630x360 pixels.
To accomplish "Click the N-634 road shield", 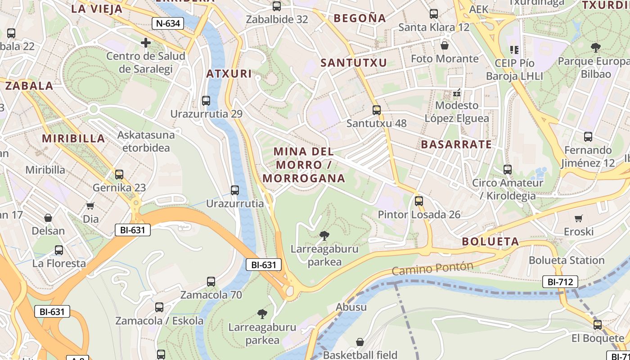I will click(168, 23).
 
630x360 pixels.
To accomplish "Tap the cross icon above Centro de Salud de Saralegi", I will click(146, 43).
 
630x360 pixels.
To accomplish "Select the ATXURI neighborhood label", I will click(229, 74).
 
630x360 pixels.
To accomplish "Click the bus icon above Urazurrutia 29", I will click(206, 101).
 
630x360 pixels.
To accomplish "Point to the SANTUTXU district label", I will click(354, 63).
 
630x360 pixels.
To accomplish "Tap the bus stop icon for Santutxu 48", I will click(377, 110).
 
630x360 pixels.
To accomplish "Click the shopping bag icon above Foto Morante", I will click(445, 45).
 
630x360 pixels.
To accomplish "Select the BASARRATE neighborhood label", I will click(456, 144).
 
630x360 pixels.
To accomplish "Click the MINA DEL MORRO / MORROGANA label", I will click(304, 165).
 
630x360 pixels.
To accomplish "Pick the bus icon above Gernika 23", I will click(119, 174).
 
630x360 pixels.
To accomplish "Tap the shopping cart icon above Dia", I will click(90, 206).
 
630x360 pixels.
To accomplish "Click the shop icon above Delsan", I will click(48, 218).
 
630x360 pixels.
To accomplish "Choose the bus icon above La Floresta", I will click(59, 250).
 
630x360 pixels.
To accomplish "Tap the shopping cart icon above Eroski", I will click(579, 218).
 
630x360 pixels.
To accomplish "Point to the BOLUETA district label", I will click(490, 242).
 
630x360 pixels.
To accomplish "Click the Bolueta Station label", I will click(567, 260).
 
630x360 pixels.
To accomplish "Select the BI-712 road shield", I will click(560, 282).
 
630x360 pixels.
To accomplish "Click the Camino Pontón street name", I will click(432, 269).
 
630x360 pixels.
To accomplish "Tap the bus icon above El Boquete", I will click(598, 324).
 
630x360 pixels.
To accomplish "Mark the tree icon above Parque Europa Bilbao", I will click(596, 47).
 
